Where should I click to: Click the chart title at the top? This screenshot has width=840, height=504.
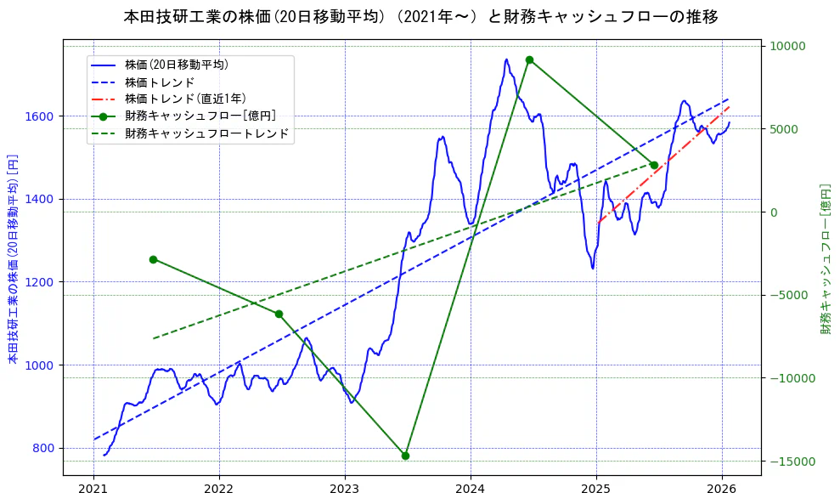(x=420, y=17)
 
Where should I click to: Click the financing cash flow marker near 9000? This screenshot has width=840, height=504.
(x=529, y=59)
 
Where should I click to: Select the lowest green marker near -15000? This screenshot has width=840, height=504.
(x=405, y=456)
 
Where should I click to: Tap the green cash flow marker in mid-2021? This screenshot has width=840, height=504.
(x=153, y=259)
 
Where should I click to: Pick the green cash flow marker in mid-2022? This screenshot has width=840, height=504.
(x=279, y=314)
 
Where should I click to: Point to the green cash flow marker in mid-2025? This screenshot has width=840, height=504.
(x=654, y=165)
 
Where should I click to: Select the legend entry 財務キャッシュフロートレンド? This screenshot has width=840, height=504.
(x=206, y=133)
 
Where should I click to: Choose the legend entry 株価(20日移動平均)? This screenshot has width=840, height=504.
(x=176, y=64)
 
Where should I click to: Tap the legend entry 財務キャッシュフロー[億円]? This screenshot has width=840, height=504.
(x=200, y=116)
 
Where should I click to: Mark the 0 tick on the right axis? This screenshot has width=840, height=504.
(x=773, y=212)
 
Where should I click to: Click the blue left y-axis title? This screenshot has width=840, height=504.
(x=13, y=259)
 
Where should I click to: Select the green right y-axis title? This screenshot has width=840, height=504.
(x=826, y=258)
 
